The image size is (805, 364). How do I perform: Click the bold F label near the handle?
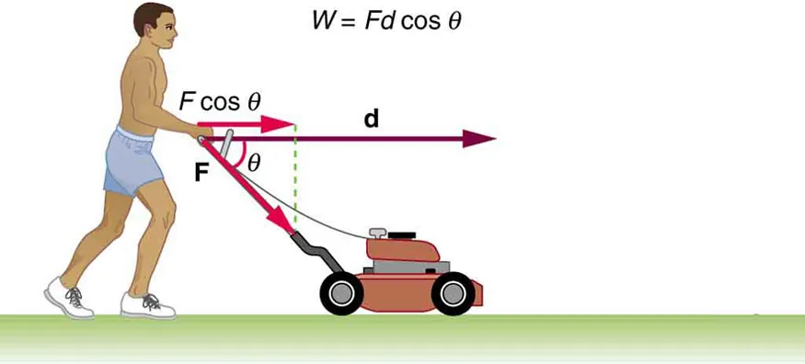coord(201,171)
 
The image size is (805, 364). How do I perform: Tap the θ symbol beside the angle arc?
coord(255,161)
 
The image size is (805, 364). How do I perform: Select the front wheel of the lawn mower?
coord(453,293)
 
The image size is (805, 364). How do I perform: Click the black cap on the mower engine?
coord(402,236)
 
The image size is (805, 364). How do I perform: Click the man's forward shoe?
coord(148,304)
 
